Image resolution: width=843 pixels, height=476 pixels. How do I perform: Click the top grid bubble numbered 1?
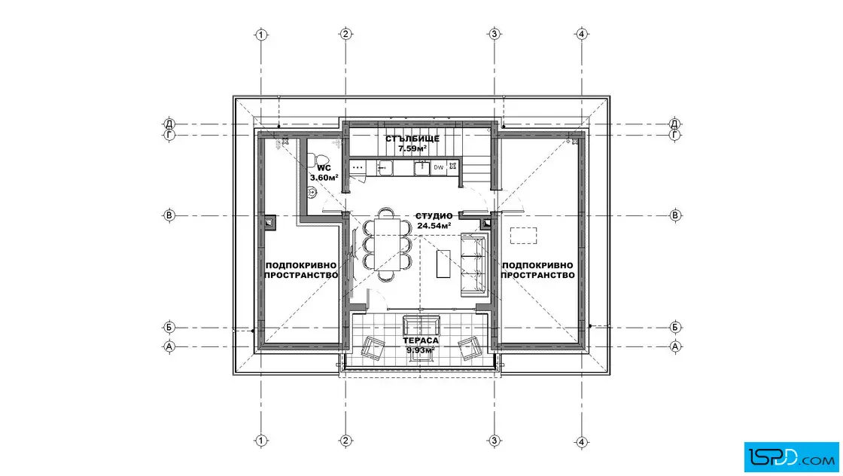click(260, 35)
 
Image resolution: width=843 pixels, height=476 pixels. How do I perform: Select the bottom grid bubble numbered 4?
click(581, 441)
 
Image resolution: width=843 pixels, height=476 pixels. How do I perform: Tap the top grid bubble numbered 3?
click(494, 34)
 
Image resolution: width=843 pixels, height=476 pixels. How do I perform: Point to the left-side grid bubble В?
click(169, 215)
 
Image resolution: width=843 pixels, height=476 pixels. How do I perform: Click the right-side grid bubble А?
click(675, 346)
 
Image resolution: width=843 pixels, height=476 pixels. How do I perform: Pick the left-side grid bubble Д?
click(169, 124)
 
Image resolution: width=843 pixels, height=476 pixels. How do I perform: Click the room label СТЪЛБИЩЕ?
click(412, 139)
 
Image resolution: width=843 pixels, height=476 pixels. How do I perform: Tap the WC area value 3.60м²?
click(324, 177)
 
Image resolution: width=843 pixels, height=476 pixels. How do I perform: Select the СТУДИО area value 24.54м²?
click(434, 226)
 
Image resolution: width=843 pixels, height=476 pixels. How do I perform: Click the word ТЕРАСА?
click(421, 340)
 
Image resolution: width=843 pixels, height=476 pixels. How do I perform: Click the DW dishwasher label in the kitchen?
click(439, 167)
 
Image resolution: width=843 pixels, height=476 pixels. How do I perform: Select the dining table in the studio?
click(388, 243)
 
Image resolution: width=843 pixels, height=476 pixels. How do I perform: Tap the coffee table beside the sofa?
click(443, 264)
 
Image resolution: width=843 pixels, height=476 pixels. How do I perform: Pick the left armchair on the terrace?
click(372, 347)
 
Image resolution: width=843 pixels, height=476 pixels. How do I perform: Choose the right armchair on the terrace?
click(468, 347)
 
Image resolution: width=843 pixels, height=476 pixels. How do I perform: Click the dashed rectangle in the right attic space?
click(523, 236)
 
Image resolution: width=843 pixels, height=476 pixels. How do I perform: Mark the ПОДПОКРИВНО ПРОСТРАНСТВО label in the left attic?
click(301, 270)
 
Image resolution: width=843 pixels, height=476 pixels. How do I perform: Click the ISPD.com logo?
click(791, 457)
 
